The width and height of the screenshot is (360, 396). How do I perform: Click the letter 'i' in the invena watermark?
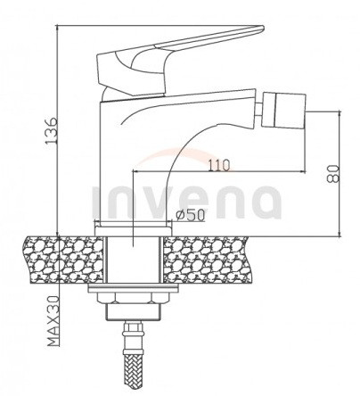(x=97, y=200)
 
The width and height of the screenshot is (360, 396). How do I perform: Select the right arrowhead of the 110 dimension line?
(x=306, y=172)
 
